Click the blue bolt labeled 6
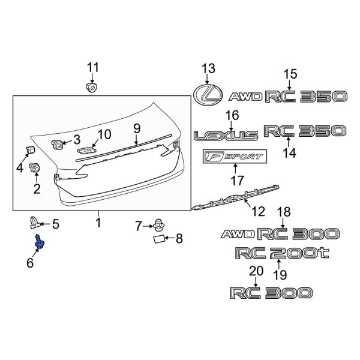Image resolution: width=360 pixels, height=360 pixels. click(40, 243)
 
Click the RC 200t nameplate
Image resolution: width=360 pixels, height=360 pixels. click(283, 254)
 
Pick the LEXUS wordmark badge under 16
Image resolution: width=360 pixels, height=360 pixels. click(226, 136)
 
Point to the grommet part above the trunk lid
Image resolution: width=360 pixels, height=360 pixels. click(92, 88)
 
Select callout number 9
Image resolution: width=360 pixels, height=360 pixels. click(136, 128)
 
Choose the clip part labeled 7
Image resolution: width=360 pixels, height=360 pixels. click(159, 226)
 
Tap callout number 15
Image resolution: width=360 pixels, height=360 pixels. click(290, 74)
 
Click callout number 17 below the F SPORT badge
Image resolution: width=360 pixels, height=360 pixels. click(237, 180)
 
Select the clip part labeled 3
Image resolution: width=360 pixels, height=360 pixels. click(58, 144)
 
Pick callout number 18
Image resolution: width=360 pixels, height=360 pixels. click(284, 211)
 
